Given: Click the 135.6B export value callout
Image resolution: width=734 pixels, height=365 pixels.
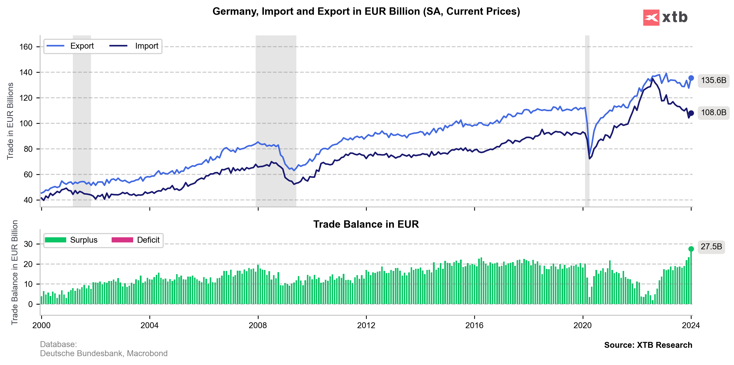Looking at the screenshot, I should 713,80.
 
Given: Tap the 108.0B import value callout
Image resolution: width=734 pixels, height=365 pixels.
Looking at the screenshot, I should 713,112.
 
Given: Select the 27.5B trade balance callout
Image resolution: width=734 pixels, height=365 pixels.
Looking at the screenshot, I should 711,247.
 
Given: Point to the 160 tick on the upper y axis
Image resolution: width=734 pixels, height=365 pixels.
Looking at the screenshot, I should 26,47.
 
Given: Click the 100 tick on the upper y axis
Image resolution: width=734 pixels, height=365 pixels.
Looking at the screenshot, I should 26,124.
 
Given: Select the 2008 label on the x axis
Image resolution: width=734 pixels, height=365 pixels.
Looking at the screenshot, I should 258,325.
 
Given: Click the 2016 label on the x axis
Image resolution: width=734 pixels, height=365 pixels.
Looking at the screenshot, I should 474,325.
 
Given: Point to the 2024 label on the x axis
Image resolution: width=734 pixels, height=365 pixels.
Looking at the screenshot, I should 691,325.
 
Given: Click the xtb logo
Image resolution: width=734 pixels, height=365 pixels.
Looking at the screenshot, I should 665,18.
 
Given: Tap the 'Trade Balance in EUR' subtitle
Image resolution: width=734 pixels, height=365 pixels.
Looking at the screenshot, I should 366,224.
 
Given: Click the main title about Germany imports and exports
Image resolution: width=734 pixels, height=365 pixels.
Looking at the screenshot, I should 366,11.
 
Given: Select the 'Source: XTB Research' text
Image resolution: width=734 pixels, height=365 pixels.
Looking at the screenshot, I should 648,345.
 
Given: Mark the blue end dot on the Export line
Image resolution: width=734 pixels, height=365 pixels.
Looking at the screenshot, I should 691,78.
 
